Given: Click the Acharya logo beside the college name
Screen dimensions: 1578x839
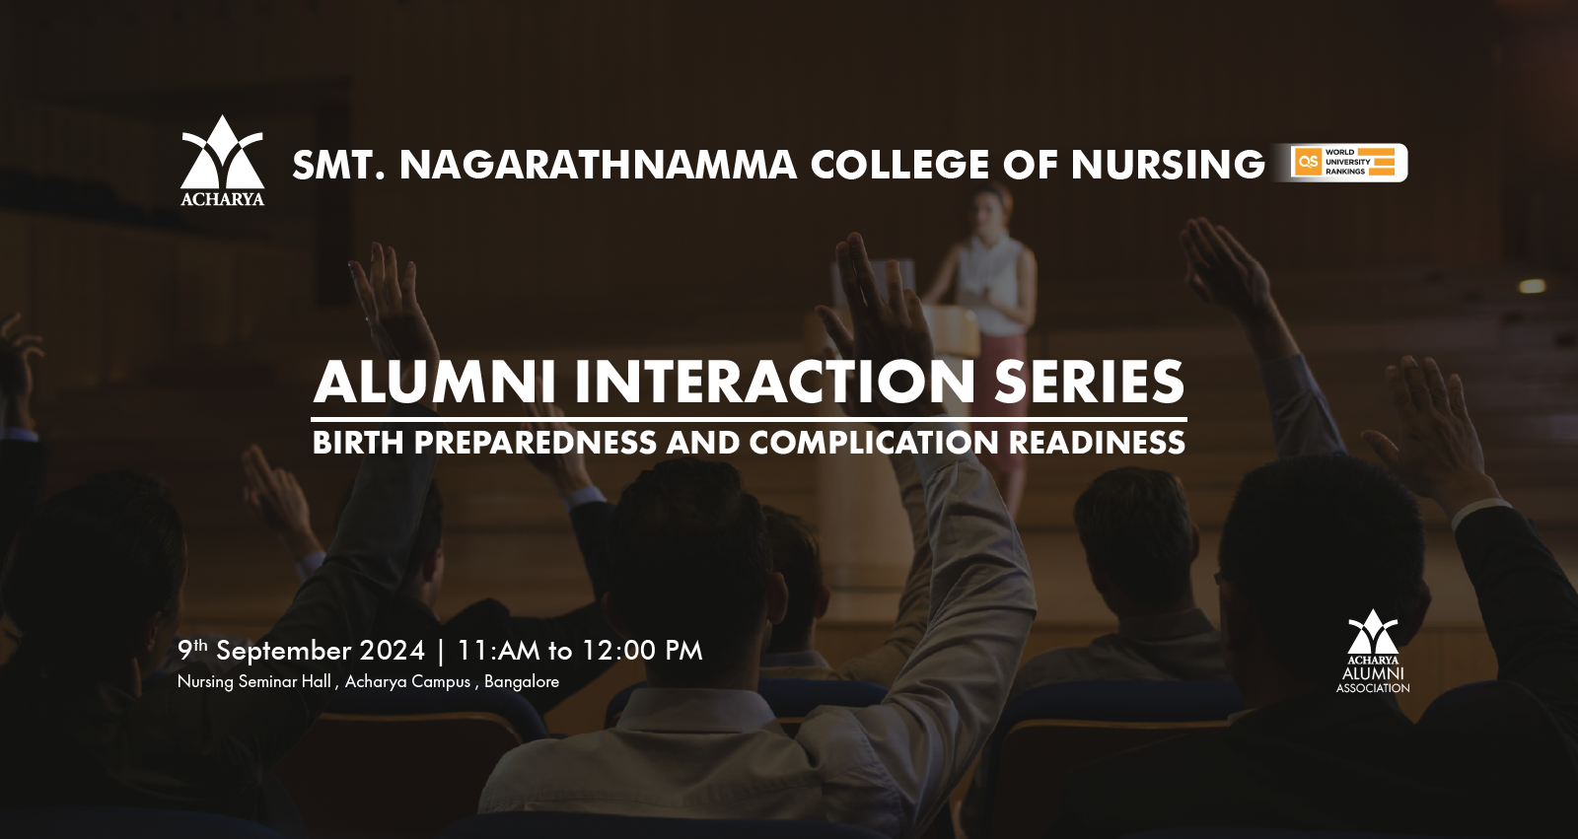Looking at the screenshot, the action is point(223,161).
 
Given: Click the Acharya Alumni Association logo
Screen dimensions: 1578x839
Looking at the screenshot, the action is point(1373,652).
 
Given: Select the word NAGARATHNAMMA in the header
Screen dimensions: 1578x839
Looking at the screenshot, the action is point(598,165).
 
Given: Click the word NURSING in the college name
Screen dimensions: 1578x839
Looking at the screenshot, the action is point(1168,165).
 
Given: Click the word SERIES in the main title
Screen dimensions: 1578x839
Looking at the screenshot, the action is point(1090,382).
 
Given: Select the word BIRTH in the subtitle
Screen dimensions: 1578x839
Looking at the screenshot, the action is point(358,443).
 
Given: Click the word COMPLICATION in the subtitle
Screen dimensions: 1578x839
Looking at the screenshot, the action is point(874,443).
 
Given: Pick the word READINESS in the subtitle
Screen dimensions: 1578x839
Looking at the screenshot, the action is point(1098,443).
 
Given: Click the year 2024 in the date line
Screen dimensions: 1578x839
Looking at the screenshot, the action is point(393,651).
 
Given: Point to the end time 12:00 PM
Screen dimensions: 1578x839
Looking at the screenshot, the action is point(643,651).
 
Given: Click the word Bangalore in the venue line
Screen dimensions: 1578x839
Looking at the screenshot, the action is point(522,682).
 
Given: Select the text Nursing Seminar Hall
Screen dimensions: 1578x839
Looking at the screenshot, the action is point(253,682).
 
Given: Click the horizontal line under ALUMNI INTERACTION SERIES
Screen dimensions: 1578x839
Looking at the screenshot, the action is point(749,419).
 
